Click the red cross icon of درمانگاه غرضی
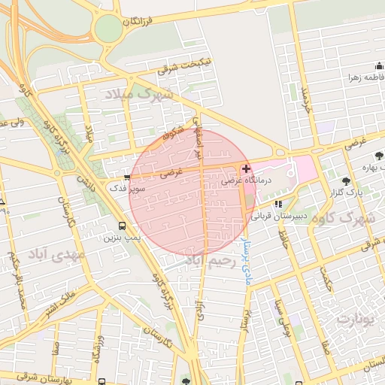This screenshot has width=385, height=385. click(x=246, y=168)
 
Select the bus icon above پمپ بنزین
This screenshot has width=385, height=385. click(x=123, y=226)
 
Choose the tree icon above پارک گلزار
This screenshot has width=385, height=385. click(x=346, y=181)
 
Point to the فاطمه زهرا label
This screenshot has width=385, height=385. click(x=365, y=77)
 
